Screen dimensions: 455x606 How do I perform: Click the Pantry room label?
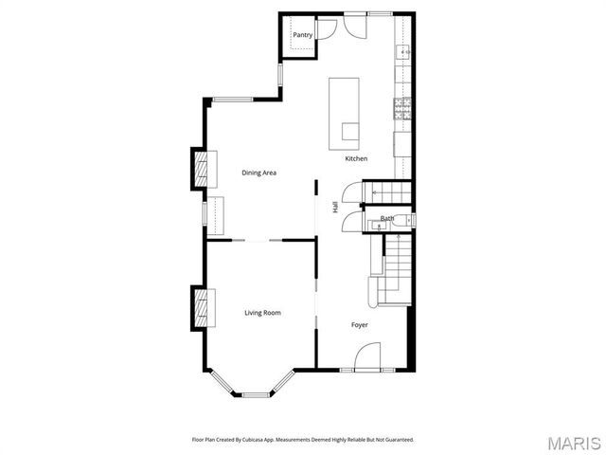click(x=302, y=35)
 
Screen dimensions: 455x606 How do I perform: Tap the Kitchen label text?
click(x=356, y=158)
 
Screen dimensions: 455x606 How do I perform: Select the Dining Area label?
click(x=258, y=173)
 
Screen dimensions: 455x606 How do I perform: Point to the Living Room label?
click(x=262, y=313)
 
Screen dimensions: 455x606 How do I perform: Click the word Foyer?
click(x=360, y=325)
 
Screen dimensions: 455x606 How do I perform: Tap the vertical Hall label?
click(x=335, y=207)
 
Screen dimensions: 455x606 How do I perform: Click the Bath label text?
click(x=387, y=219)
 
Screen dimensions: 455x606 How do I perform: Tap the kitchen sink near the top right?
click(x=402, y=52)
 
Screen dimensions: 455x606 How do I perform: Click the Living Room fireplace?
click(x=202, y=307)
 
